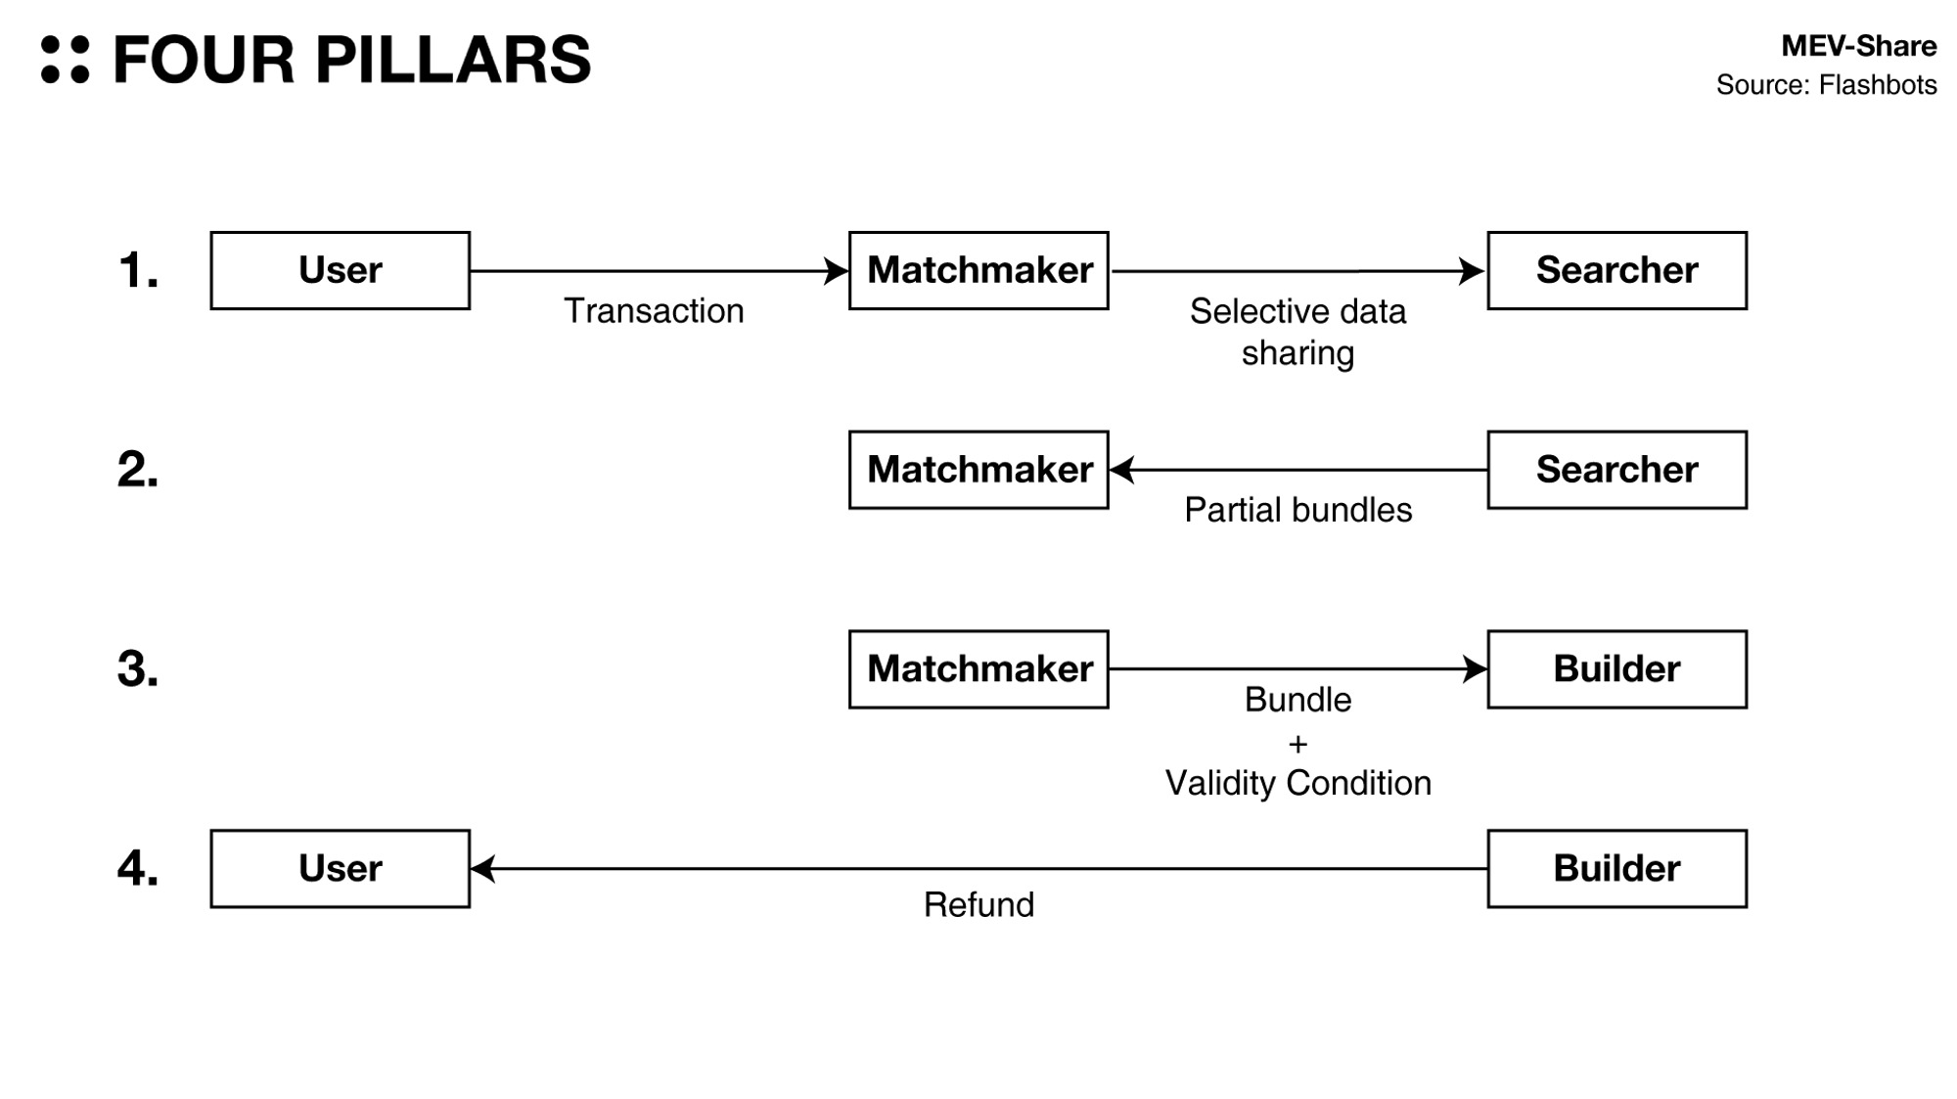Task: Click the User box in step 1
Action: [340, 271]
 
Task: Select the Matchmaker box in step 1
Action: [978, 271]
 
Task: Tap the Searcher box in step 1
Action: [1616, 271]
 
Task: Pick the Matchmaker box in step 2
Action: [978, 470]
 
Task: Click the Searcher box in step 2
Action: [1616, 470]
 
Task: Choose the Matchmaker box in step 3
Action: [978, 669]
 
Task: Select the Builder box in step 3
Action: [1616, 669]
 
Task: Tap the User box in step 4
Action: [340, 869]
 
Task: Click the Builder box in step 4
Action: [1616, 869]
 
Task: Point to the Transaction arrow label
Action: [654, 311]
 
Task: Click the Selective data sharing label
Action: [1297, 332]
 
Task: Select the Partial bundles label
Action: [1297, 510]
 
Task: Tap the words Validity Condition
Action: [1297, 783]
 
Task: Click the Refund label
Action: [978, 905]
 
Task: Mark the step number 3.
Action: [137, 669]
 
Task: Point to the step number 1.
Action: [137, 271]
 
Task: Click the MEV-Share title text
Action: [1858, 46]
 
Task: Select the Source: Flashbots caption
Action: [1826, 85]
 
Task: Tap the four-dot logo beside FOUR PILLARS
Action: [65, 60]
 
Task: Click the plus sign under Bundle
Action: [1297, 744]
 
